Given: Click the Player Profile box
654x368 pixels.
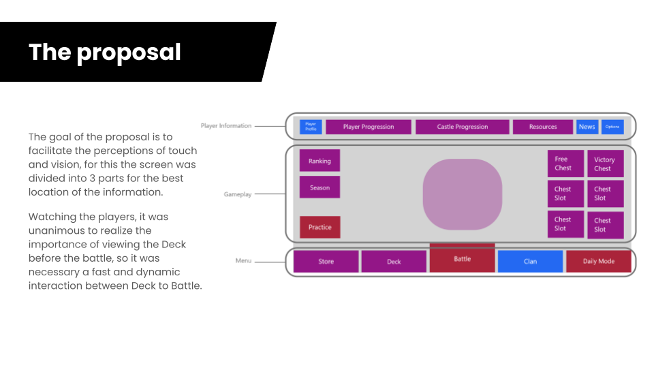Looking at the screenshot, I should [311, 127].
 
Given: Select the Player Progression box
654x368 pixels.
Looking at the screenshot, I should [369, 127].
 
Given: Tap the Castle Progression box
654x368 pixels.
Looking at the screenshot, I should [463, 127].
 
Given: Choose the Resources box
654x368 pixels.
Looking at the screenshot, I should [543, 127].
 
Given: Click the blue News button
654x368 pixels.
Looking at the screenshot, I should [587, 127].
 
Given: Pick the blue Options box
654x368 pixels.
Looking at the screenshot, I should [612, 127].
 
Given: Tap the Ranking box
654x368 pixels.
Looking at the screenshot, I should [320, 161].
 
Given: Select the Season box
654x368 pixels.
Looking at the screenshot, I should [320, 187].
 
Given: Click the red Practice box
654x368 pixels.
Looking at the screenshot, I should [320, 227].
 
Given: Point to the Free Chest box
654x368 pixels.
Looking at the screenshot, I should [565, 164].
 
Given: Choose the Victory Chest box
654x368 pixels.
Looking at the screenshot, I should [605, 164].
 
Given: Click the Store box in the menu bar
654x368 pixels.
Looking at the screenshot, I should [326, 262].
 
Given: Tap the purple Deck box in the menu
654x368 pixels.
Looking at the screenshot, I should [394, 262].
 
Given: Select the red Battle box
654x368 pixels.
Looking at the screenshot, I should [463, 258].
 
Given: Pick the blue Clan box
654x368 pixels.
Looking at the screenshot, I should [531, 262].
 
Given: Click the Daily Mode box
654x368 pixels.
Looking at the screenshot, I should [599, 262].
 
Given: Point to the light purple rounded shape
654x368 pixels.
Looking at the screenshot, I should [463, 194].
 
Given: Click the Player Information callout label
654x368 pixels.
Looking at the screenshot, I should [226, 126].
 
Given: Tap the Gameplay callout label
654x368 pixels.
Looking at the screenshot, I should [238, 194].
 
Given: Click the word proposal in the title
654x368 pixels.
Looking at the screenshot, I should [129, 52].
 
